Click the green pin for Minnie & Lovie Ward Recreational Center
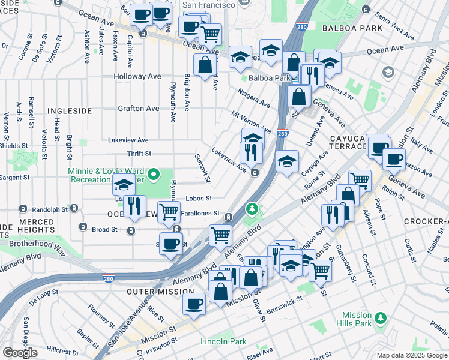(x=154, y=175)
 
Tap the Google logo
(x=20, y=352)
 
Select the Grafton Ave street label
(x=139, y=108)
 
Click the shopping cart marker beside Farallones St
(x=169, y=211)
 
